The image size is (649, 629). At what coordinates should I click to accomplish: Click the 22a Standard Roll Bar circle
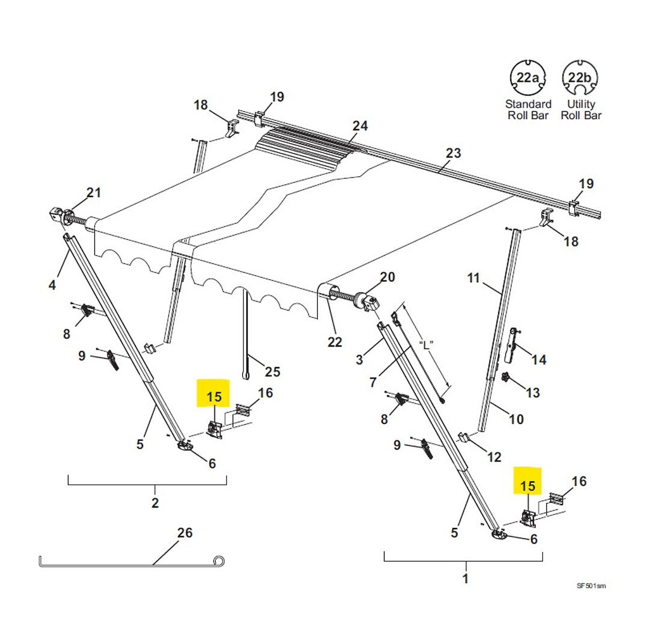pyautogui.click(x=527, y=77)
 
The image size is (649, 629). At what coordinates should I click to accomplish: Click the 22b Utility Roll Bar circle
pyautogui.click(x=580, y=77)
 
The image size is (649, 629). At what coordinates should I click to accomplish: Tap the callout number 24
pyautogui.click(x=360, y=126)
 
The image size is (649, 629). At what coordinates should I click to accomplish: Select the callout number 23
pyautogui.click(x=453, y=153)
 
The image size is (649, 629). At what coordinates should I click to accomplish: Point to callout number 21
pyautogui.click(x=94, y=193)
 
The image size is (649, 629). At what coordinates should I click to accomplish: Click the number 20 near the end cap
pyautogui.click(x=388, y=277)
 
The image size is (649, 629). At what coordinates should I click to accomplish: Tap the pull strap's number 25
pyautogui.click(x=272, y=372)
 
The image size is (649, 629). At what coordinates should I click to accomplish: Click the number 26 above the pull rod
pyautogui.click(x=185, y=532)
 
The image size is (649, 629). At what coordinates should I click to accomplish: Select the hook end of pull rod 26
pyautogui.click(x=221, y=561)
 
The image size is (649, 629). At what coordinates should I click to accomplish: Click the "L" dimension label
pyautogui.click(x=427, y=345)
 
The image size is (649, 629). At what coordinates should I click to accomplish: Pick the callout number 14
pyautogui.click(x=539, y=360)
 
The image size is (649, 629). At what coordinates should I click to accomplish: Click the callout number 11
pyautogui.click(x=474, y=278)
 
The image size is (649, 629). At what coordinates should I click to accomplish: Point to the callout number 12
pyautogui.click(x=494, y=458)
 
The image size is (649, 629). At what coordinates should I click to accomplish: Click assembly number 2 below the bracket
pyautogui.click(x=155, y=503)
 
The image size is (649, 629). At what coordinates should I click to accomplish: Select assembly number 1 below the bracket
pyautogui.click(x=465, y=579)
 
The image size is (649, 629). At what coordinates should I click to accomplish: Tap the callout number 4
pyautogui.click(x=52, y=285)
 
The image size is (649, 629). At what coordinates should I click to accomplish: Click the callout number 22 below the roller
pyautogui.click(x=335, y=342)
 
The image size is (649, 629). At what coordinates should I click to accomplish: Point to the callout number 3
pyautogui.click(x=359, y=360)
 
